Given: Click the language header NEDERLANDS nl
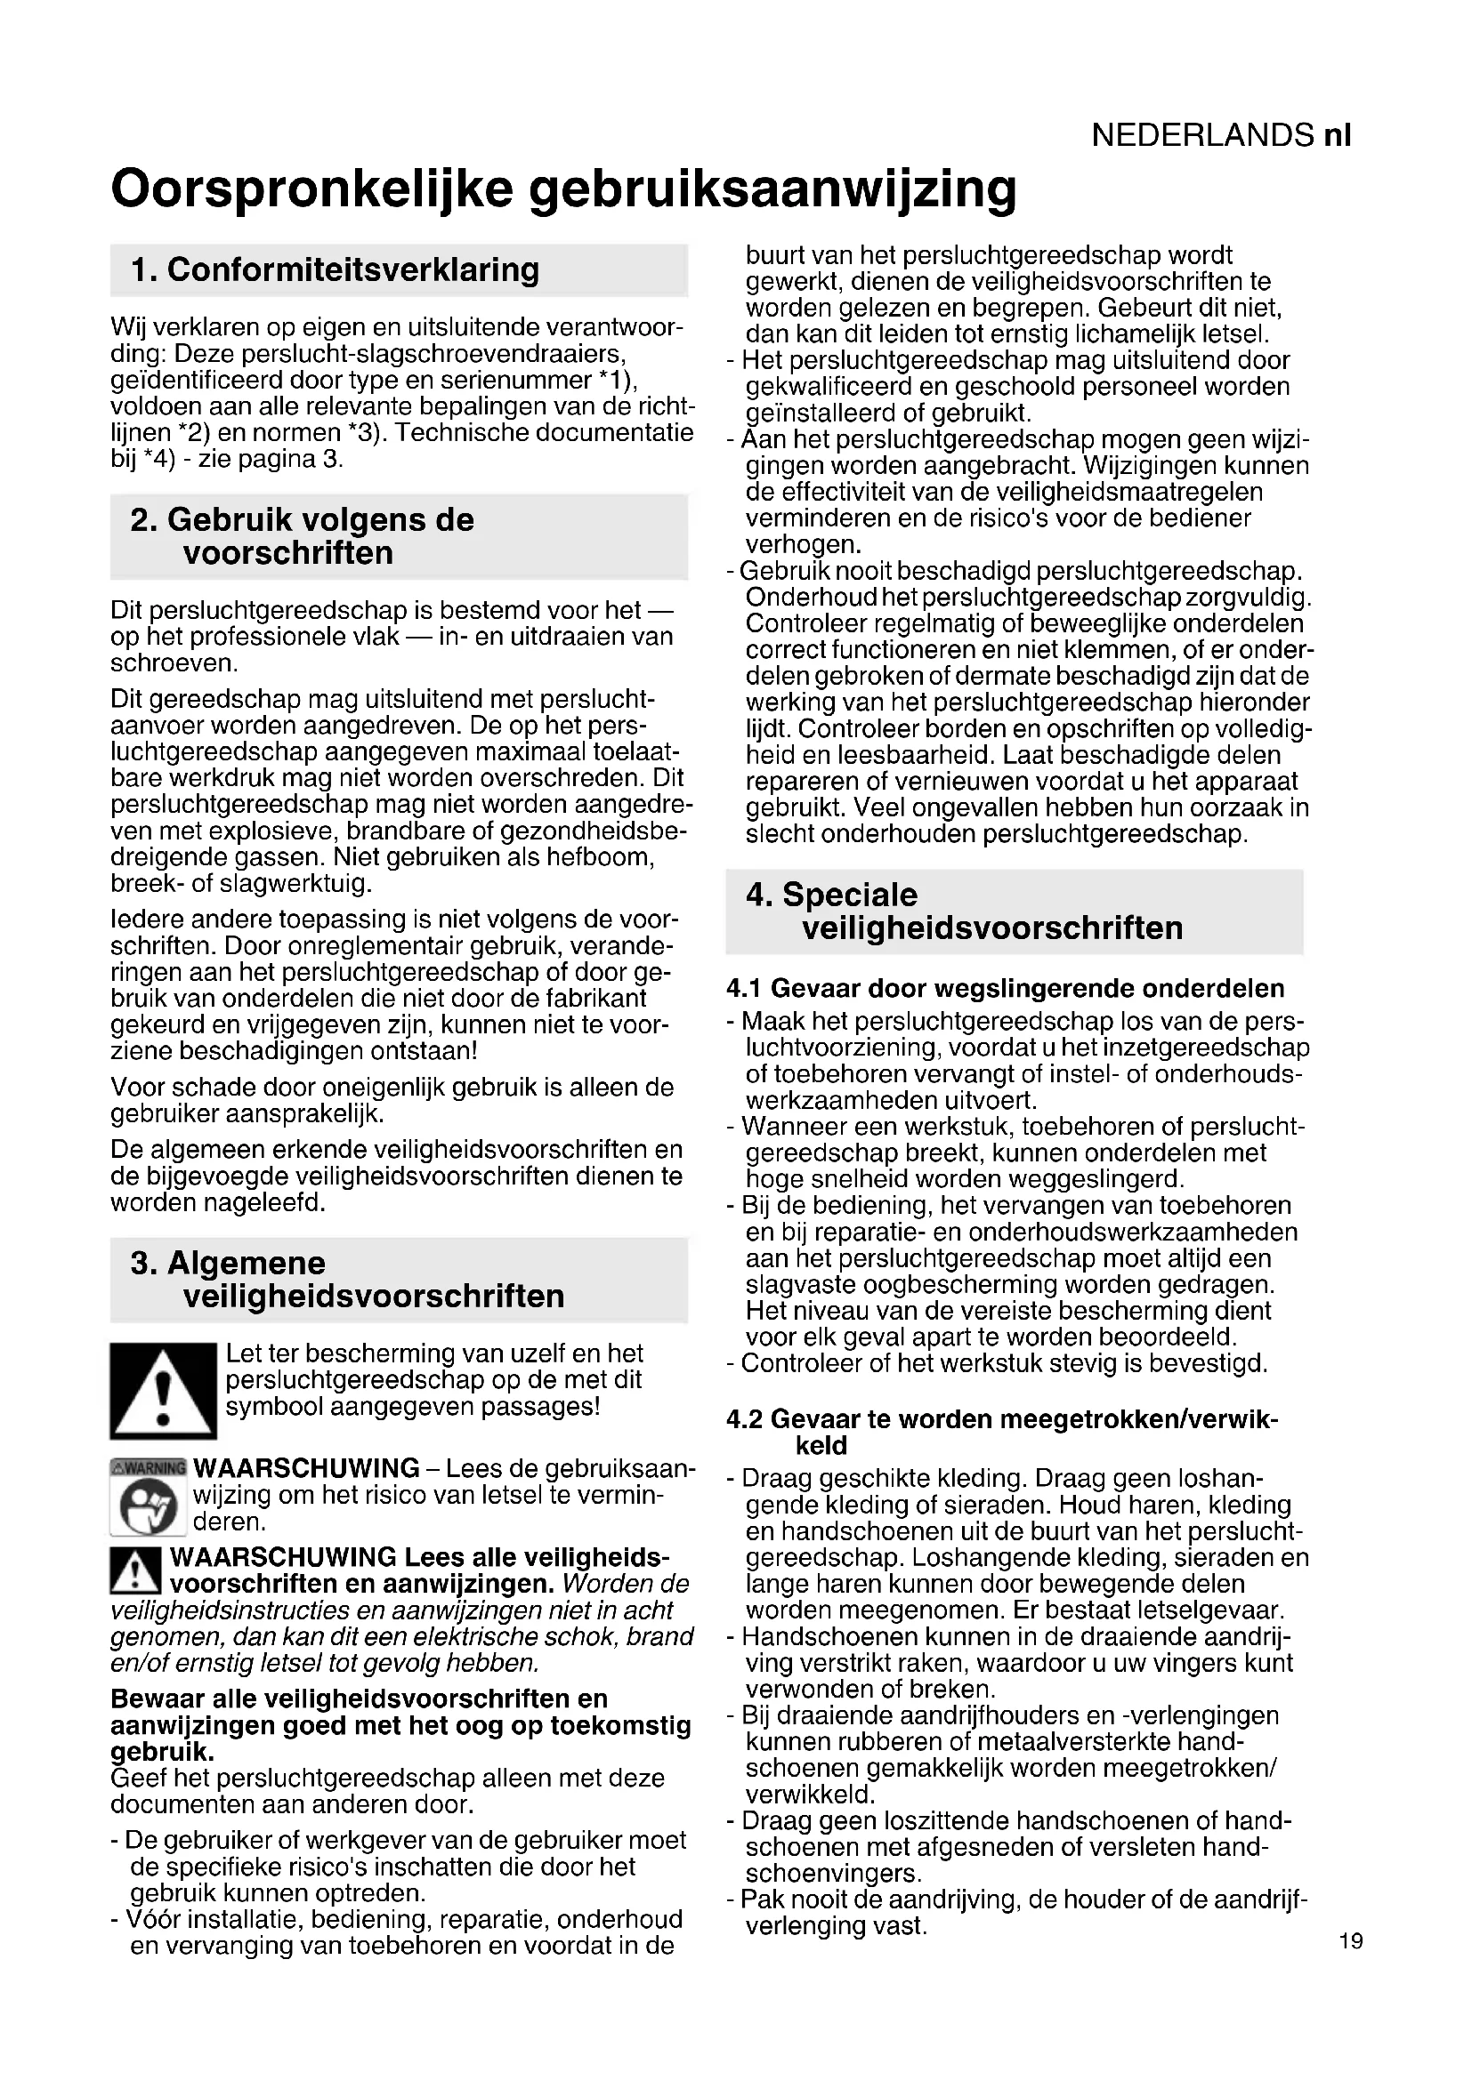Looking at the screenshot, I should [x=1221, y=136].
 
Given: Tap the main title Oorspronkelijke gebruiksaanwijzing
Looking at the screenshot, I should [x=562, y=189].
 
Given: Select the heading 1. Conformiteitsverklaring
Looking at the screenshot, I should [x=335, y=270].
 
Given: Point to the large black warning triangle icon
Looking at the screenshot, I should [x=163, y=1391].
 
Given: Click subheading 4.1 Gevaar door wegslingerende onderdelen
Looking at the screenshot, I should [x=1005, y=988].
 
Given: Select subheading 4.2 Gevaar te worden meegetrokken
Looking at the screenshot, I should [x=1001, y=1419].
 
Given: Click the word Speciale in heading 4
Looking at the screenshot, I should [x=849, y=895].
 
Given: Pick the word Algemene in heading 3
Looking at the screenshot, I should [x=246, y=1263].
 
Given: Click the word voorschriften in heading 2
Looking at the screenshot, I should [x=288, y=552].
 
